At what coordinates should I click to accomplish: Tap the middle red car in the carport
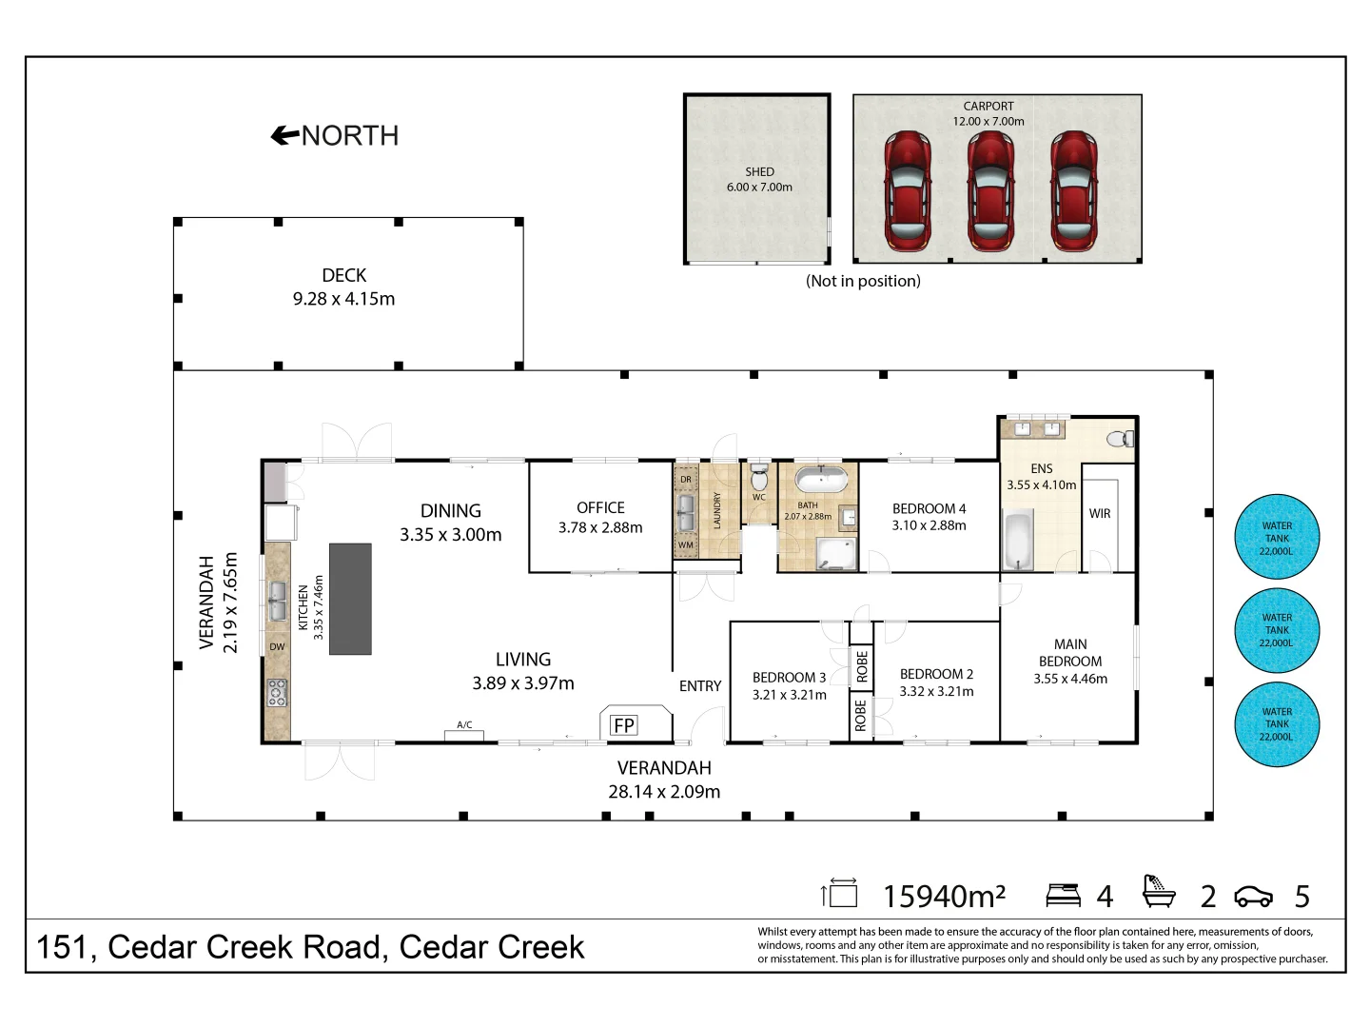989,190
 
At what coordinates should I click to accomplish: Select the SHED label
759,172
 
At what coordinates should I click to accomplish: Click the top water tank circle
1277,538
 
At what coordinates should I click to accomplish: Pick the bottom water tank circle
1277,723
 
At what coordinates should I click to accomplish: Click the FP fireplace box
624,725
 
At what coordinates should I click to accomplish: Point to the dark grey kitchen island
350,598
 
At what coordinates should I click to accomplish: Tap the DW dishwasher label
277,647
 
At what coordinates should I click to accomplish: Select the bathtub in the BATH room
820,480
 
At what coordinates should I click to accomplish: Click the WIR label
1099,514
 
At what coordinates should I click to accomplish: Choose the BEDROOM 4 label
929,509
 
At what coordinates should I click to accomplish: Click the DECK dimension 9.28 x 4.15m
343,299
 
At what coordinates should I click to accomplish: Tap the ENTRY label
700,686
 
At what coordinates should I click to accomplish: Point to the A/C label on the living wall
464,725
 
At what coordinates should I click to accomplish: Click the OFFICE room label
600,508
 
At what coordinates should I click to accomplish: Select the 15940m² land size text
944,897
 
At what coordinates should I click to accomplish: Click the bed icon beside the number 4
1063,895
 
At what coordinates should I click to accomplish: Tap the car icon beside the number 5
1253,897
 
